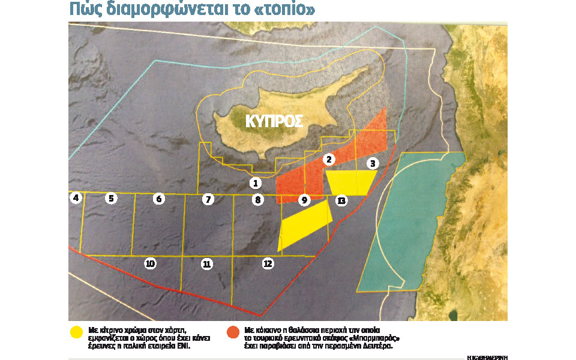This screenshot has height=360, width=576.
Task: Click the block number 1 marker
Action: pyautogui.click(x=256, y=183)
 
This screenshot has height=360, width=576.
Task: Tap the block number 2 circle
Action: pyautogui.click(x=328, y=160)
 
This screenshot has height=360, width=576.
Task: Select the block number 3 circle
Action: pyautogui.click(x=373, y=163)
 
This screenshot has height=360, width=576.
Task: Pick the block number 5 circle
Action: pyautogui.click(x=111, y=198)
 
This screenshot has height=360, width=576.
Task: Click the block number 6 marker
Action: pyautogui.click(x=158, y=199)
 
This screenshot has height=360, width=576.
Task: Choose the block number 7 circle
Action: pyautogui.click(x=208, y=199)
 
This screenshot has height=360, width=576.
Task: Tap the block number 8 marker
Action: pyautogui.click(x=257, y=200)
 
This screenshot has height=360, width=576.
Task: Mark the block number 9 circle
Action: pyautogui.click(x=304, y=200)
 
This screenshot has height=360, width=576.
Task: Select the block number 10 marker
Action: pyautogui.click(x=150, y=263)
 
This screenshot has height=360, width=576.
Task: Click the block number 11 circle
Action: pyautogui.click(x=207, y=263)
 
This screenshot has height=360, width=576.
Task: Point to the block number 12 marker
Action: pyautogui.click(x=268, y=263)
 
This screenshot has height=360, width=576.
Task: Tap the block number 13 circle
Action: pyautogui.click(x=341, y=200)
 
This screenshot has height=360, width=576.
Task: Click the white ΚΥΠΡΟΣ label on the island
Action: pyautogui.click(x=274, y=121)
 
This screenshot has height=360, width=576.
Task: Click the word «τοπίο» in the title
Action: pyautogui.click(x=283, y=10)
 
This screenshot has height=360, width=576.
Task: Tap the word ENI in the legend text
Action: pyautogui.click(x=182, y=346)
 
